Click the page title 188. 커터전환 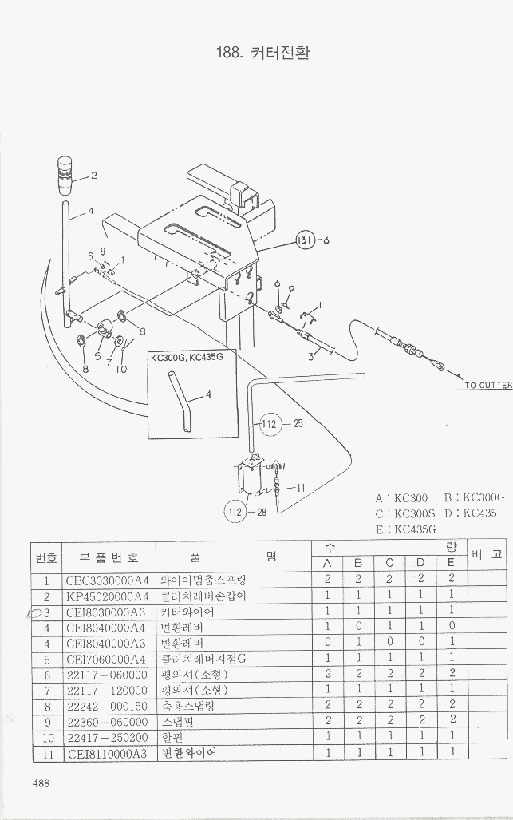coord(262,53)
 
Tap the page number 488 coord(41,783)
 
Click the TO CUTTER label coord(488,386)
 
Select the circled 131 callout coord(306,240)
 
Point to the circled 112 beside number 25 coord(270,423)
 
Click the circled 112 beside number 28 coord(236,511)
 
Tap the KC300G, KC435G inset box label coord(187,357)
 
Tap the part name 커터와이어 coord(188,612)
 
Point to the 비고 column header coord(487,554)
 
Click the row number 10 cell coord(47,737)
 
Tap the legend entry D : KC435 coord(469,513)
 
